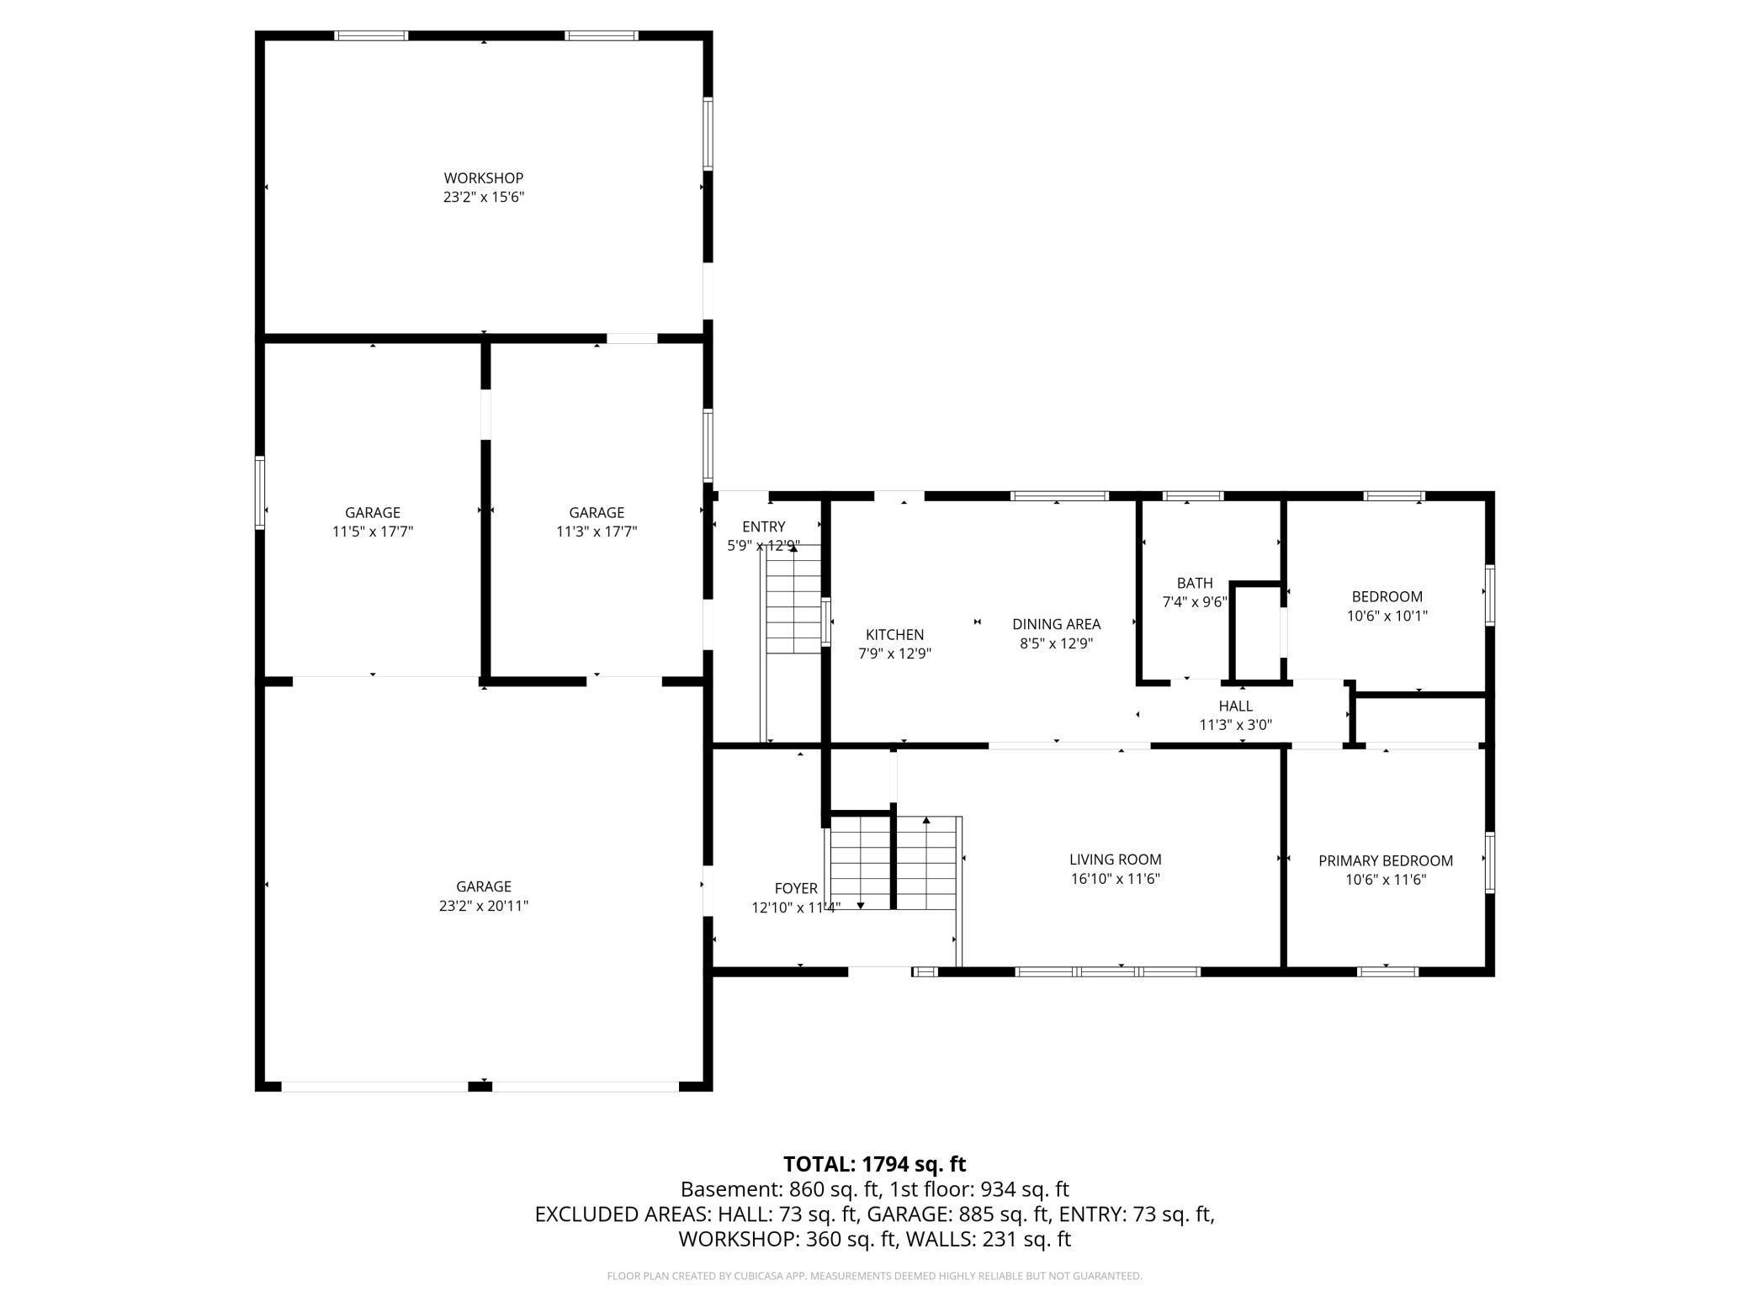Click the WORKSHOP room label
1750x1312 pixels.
pyautogui.click(x=484, y=178)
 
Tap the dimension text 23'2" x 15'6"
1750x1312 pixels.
pyautogui.click(x=484, y=198)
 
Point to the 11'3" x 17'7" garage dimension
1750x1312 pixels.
pyautogui.click(x=597, y=532)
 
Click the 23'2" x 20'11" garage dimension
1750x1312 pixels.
pyautogui.click(x=484, y=906)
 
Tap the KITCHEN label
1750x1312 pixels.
pyautogui.click(x=894, y=635)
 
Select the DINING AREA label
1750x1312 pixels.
pyautogui.click(x=1056, y=624)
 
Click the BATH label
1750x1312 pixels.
pyautogui.click(x=1195, y=583)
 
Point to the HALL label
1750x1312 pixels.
pyautogui.click(x=1235, y=706)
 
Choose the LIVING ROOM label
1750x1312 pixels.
pyautogui.click(x=1115, y=860)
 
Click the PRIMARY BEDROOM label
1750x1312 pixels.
pyautogui.click(x=1385, y=860)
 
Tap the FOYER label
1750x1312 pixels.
pyautogui.click(x=795, y=888)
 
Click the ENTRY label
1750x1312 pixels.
pyautogui.click(x=763, y=526)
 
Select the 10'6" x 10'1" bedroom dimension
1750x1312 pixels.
pyautogui.click(x=1387, y=616)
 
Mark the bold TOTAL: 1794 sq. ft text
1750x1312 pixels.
pyautogui.click(x=874, y=1164)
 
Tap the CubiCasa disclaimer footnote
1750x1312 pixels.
pyautogui.click(x=874, y=1276)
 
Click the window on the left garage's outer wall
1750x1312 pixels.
pyautogui.click(x=260, y=493)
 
